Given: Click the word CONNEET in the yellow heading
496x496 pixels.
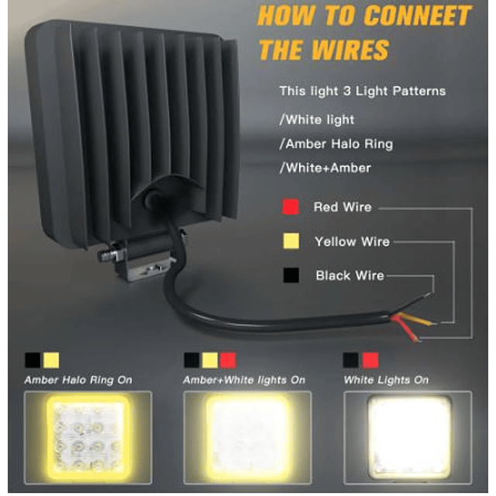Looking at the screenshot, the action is click(418, 15).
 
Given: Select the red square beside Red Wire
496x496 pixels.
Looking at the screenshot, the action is click(291, 207).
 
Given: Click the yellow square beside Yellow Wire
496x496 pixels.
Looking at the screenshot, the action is click(291, 241).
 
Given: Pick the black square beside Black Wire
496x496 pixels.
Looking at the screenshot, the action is click(291, 275).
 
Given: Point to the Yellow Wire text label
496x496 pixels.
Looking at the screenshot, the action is click(352, 242).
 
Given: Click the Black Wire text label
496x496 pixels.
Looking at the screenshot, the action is click(350, 276).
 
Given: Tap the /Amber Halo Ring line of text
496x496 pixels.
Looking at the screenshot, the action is click(336, 144).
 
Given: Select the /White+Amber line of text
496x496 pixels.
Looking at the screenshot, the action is click(325, 168).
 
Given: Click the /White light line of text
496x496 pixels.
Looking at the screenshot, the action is click(317, 120).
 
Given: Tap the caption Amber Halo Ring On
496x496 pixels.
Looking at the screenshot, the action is click(78, 380).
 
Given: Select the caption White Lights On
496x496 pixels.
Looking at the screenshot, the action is click(386, 380).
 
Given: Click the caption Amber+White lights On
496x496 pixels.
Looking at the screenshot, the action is click(244, 380).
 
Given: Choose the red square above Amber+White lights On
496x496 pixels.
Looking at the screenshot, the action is click(228, 360).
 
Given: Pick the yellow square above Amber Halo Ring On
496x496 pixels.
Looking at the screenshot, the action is click(51, 360).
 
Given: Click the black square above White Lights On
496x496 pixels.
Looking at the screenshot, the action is click(351, 360).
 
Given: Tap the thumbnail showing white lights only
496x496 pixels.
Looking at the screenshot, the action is click(408, 438).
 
